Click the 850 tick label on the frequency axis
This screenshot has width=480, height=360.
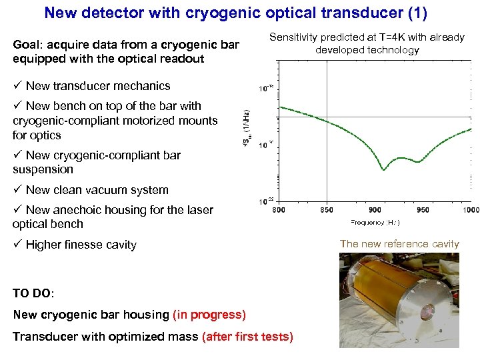[326, 210]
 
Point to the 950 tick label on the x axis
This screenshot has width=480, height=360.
[423, 210]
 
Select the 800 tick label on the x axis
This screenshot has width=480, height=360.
[279, 210]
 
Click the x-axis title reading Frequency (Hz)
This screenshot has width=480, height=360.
[375, 222]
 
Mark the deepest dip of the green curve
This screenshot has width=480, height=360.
[384, 169]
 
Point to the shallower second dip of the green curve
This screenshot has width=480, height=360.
[418, 161]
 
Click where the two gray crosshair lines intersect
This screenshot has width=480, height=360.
[326, 117]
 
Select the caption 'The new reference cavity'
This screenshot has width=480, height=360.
[399, 244]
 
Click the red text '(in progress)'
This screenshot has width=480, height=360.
[209, 314]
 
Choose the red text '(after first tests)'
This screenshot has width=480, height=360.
[247, 337]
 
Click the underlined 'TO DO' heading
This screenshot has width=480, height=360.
[33, 293]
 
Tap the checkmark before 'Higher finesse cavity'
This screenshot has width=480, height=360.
[17, 245]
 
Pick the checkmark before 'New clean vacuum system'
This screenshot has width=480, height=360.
[17, 190]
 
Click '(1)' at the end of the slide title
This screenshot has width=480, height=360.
[418, 13]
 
